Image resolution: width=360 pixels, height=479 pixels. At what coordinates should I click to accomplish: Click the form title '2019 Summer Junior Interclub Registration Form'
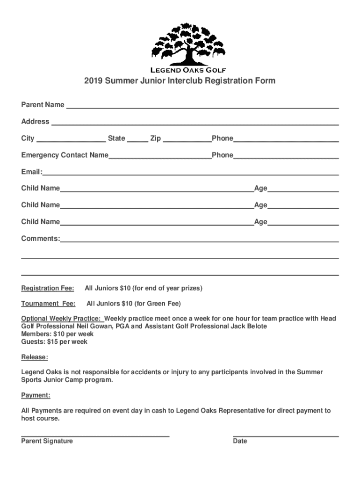180,81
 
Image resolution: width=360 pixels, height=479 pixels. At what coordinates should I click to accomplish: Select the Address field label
35,122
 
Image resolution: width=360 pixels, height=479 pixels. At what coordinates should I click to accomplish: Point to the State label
116,138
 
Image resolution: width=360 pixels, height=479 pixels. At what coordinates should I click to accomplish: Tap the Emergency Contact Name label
65,155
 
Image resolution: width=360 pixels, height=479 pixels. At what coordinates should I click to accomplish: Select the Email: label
32,172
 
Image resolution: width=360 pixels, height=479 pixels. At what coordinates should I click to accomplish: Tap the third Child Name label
40,222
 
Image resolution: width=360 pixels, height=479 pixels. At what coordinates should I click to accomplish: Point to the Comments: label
40,239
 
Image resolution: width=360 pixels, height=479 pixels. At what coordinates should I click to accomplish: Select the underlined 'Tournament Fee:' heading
48,304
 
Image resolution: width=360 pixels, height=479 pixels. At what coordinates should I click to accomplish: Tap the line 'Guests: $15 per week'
54,342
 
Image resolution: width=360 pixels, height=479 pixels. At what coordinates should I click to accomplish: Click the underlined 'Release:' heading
34,358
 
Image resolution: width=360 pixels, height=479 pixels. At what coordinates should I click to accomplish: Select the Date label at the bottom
240,441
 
